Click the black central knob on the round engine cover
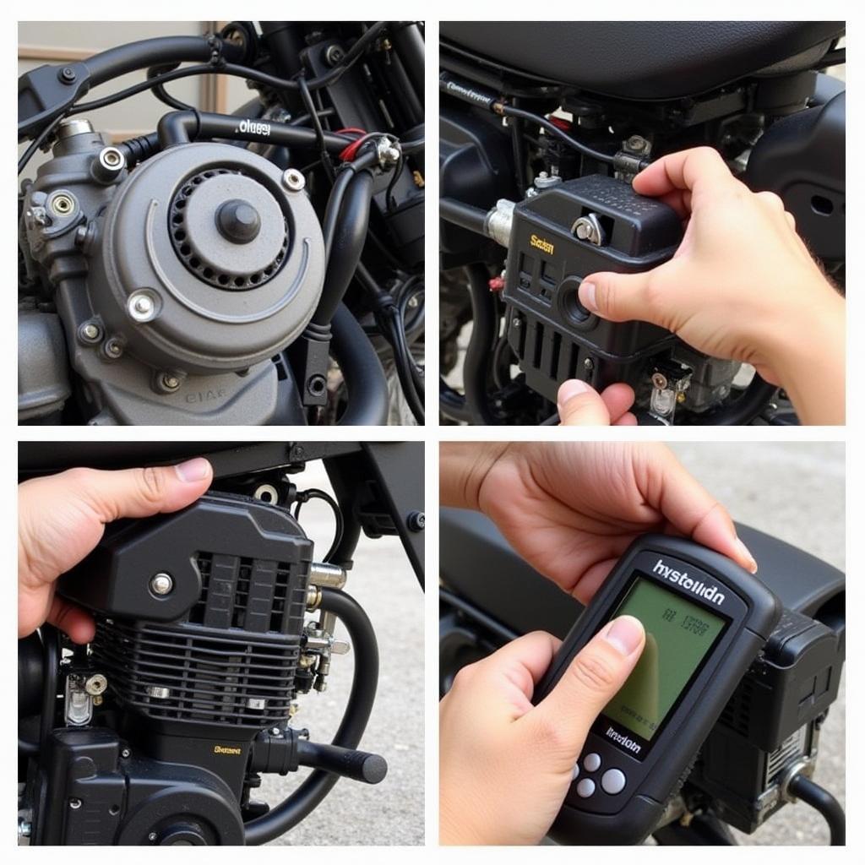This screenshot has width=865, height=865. (238, 221)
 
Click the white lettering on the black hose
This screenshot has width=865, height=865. (253, 128)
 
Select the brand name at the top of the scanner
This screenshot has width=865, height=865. (688, 583)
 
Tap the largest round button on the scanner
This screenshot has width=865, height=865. (612, 781)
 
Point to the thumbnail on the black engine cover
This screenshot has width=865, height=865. (193, 471)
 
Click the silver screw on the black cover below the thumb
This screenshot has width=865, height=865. (161, 583)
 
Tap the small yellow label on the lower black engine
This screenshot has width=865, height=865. (226, 749)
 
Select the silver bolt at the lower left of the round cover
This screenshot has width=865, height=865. (142, 306)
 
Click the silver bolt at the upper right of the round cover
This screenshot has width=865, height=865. (294, 179)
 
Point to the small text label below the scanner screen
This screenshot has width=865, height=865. (623, 741)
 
